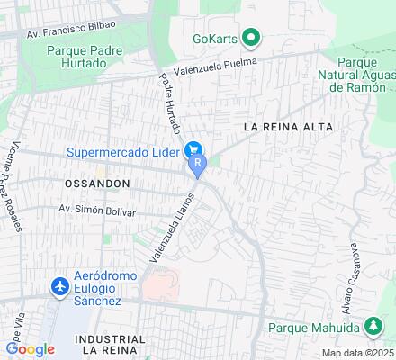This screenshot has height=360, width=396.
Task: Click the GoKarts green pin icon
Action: pos(251,39)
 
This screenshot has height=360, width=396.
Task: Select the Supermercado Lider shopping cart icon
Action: pos(192,150)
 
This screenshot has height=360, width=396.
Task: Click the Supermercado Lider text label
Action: pos(123,151)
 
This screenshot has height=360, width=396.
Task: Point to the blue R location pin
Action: pos(197,166)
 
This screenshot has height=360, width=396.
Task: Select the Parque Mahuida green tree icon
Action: pos(372,325)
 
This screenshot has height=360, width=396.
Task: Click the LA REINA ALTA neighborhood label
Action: pos(283,128)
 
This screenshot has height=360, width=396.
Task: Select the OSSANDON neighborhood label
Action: pos(97,183)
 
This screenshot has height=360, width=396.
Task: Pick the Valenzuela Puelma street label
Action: pos(218,64)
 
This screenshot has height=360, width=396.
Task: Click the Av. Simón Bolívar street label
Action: pos(97,211)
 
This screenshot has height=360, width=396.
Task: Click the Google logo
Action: pos(30,348)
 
